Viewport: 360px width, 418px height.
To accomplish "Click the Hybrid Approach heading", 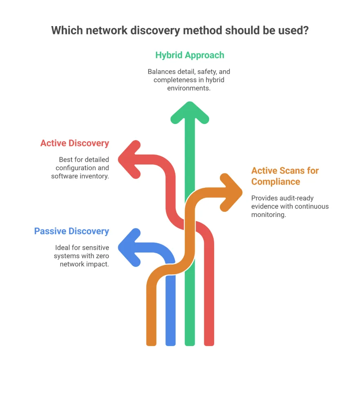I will click(190, 55).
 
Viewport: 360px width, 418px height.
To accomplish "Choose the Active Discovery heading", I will click(74, 143).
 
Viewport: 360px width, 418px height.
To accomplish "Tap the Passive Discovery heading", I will click(72, 231).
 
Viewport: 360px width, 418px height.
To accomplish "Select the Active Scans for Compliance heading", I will click(285, 176).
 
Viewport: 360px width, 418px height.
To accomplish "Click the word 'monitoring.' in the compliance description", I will click(268, 214).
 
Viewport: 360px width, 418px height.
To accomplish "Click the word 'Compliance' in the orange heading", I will click(275, 182).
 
